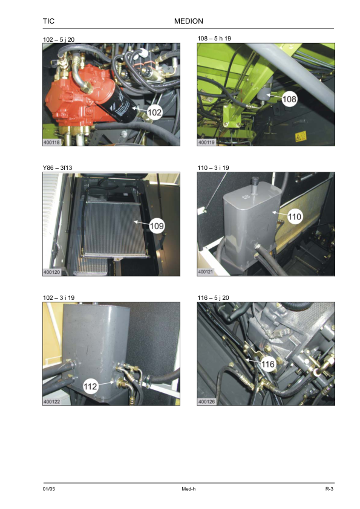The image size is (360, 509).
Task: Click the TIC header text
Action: tap(48, 21)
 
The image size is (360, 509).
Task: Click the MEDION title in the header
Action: tap(188, 21)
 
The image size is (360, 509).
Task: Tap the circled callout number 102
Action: tap(154, 112)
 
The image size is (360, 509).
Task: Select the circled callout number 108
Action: tap(289, 99)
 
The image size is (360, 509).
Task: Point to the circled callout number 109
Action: tap(157, 226)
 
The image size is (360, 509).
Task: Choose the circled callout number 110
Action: tap(295, 216)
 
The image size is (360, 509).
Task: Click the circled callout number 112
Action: tap(90, 386)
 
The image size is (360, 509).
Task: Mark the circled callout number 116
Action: tap(267, 365)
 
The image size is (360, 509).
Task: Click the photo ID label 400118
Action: tap(51, 142)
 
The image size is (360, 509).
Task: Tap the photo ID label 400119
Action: tap(206, 142)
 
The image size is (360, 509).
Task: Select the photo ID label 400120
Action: tap(51, 272)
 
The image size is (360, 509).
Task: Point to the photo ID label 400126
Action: tap(206, 402)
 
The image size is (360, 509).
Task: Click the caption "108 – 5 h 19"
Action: tap(214, 38)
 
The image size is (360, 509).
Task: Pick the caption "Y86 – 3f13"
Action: tap(57, 168)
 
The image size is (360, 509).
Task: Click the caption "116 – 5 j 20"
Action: tap(213, 297)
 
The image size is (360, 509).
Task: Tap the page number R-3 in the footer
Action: tap(330, 489)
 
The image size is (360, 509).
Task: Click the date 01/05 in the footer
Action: tap(49, 489)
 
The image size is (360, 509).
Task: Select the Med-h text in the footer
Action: tap(188, 489)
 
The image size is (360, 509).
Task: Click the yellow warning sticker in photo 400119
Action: tap(301, 137)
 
